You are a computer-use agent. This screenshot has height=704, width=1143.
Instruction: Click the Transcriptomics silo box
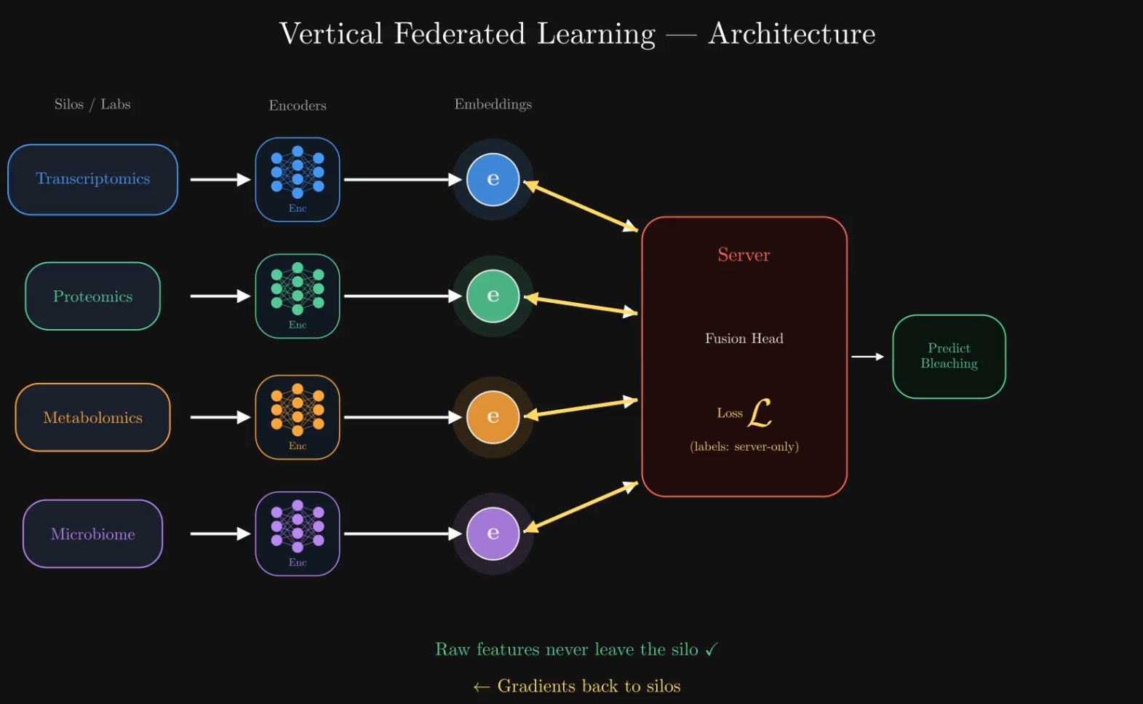point(92,179)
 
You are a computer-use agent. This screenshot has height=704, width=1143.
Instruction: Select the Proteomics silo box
point(92,296)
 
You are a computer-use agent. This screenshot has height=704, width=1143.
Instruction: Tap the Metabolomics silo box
point(92,417)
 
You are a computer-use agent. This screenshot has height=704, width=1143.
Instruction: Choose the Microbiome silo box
point(92,534)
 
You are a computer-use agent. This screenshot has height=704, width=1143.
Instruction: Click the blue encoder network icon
point(298,175)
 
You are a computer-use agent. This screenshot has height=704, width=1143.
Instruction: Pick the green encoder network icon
point(298,291)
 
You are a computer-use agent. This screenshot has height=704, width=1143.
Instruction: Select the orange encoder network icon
point(298,412)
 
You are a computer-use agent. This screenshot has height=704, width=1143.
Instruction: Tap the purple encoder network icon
point(298,529)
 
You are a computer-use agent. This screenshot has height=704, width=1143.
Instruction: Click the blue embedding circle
point(493,179)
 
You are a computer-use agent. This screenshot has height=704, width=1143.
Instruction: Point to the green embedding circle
point(493,296)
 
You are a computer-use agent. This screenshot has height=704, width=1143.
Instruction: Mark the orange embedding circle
point(493,416)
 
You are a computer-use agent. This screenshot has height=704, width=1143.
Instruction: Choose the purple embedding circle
point(493,533)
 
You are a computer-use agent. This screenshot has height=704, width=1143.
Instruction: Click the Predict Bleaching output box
point(949,356)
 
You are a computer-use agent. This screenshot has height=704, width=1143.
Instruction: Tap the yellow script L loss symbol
point(759,413)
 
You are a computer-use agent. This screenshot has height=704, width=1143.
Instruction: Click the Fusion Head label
point(744,339)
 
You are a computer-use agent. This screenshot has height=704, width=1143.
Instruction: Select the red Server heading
point(744,255)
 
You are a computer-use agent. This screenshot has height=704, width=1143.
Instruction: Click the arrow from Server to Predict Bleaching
point(867,357)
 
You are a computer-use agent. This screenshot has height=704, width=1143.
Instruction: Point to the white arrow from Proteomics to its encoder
point(220,296)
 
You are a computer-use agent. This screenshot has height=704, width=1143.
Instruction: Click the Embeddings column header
point(493,104)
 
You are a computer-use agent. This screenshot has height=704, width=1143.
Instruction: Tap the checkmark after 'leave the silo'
point(711,649)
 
